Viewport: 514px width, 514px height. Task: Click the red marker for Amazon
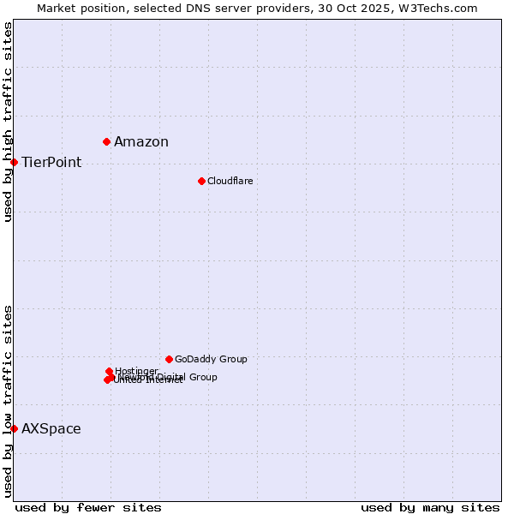coord(107,141)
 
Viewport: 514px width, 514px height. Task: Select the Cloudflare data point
coord(201,181)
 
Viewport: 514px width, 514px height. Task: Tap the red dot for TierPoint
coord(14,162)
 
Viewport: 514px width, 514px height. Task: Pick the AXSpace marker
coord(14,428)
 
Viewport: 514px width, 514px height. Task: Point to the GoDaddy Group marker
coord(169,359)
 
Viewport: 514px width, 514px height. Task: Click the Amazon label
coord(141,142)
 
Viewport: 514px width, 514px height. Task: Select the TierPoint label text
coord(51,163)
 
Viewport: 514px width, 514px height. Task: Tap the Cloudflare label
coord(230,181)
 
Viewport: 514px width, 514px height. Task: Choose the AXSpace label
coord(51,429)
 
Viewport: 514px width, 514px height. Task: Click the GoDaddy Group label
coord(211,360)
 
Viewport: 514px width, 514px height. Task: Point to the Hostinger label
coord(137,371)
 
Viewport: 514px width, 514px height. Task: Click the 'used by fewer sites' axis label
coord(88,507)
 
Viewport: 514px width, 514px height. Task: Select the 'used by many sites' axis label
coord(430,507)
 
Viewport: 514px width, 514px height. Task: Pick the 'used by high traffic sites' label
coord(8,122)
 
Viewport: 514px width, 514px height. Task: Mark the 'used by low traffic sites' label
coord(8,401)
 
